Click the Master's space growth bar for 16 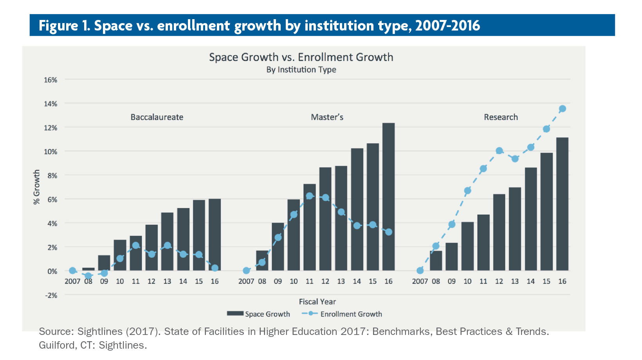(x=388, y=197)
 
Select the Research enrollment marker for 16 (x=562, y=109)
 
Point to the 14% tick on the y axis (x=50, y=104)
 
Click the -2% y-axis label (x=51, y=295)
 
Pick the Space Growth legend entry (x=258, y=314)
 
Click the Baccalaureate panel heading (x=157, y=117)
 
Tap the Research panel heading (x=501, y=117)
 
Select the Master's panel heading (x=327, y=117)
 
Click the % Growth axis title (x=36, y=187)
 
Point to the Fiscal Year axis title (x=317, y=302)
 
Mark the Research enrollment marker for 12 (x=499, y=151)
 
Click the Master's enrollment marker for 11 (x=309, y=196)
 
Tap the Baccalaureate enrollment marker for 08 (x=88, y=276)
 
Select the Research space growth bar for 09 (x=451, y=257)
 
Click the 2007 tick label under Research (x=420, y=281)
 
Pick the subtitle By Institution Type (x=301, y=70)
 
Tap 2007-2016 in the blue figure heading (x=447, y=25)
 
